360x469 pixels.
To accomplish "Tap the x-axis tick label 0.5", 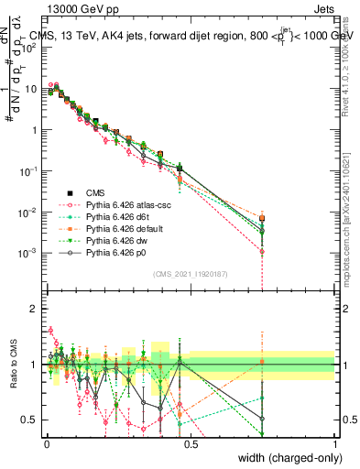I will pos(190,442).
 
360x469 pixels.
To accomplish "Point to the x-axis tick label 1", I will pos(333,442).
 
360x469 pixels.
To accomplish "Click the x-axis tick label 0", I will pos(47,442).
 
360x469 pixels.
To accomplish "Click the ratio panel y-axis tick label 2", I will pos(34,309).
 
